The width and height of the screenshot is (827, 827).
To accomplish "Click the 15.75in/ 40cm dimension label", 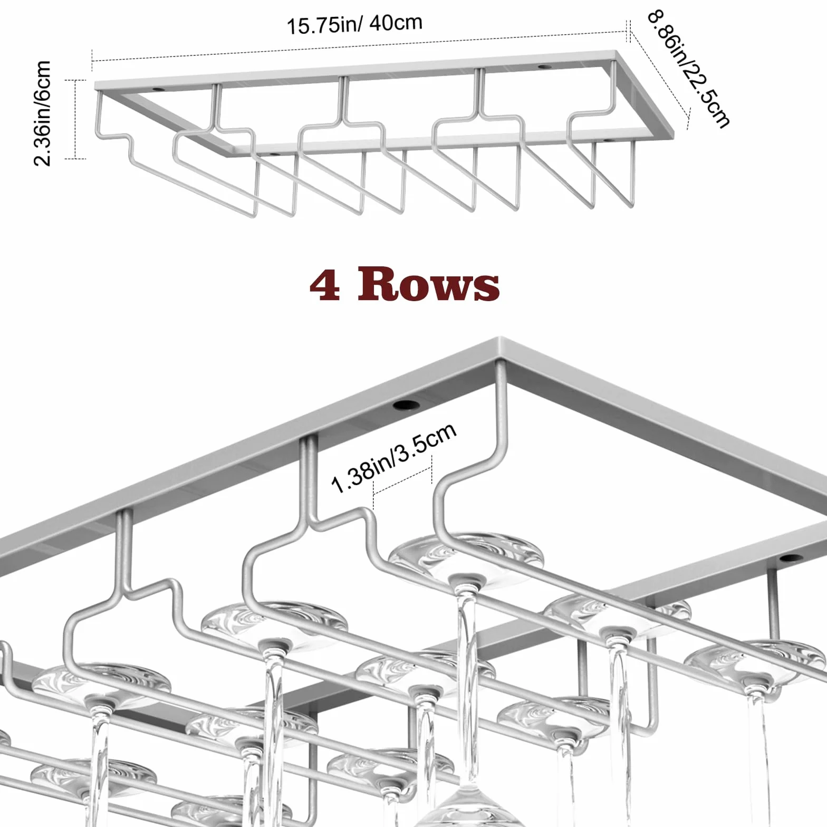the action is (x=354, y=24).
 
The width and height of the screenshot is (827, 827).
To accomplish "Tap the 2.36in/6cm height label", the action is (x=42, y=113).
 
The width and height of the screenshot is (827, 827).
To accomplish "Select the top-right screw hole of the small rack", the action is (x=543, y=68).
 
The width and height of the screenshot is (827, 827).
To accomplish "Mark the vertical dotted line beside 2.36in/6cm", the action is (x=76, y=119).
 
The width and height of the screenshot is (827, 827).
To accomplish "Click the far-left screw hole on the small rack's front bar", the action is (x=274, y=155).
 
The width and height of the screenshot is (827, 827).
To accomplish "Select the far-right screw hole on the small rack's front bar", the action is (x=607, y=140).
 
